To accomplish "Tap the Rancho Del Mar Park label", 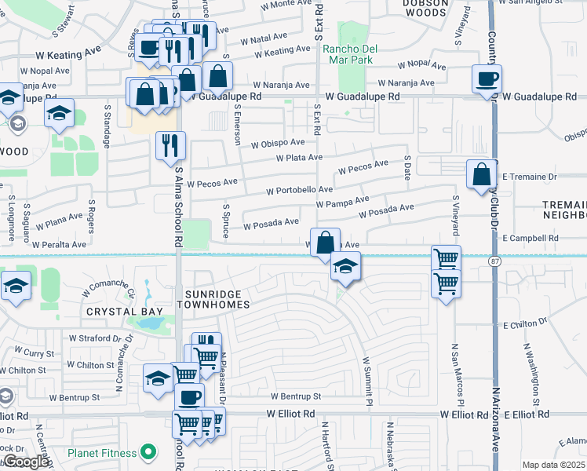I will [350, 54].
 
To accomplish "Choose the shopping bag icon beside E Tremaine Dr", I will [481, 174].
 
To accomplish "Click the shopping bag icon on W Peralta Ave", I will [324, 242].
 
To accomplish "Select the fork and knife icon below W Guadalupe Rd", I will [170, 145].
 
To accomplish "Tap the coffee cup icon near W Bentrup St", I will [188, 396].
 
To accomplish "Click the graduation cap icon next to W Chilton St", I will [158, 378].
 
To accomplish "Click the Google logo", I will [25, 462].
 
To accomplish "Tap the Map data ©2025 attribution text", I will [553, 465].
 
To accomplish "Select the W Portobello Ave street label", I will [299, 190].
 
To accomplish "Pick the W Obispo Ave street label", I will [278, 143].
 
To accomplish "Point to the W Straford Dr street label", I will [99, 338].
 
